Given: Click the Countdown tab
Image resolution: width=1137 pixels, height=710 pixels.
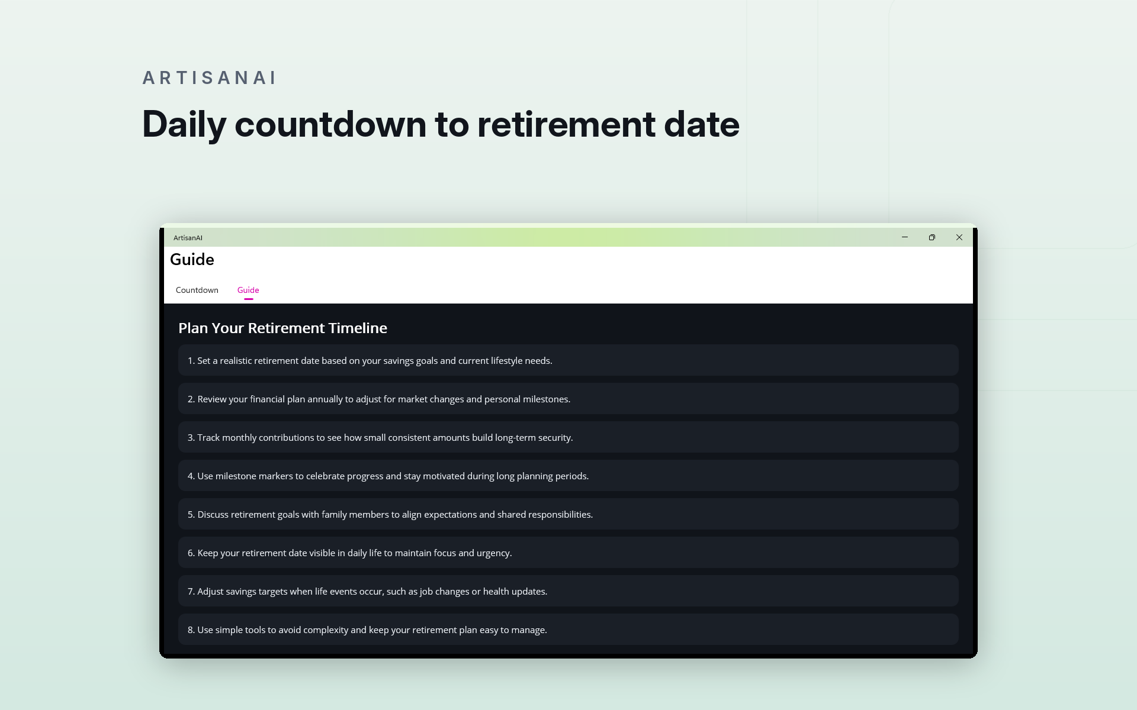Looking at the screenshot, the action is click(x=197, y=290).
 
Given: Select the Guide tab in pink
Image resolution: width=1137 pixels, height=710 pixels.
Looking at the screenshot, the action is click(x=248, y=290).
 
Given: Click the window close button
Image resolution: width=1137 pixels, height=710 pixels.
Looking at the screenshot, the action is click(x=959, y=237).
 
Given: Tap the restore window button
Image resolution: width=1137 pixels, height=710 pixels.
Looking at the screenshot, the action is click(x=932, y=237).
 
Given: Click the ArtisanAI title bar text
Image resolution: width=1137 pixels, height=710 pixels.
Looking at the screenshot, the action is click(x=188, y=238).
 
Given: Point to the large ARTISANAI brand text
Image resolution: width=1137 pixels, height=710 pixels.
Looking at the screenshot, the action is click(x=210, y=78).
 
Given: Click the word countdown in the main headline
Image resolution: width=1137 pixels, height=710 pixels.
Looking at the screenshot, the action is click(x=330, y=124).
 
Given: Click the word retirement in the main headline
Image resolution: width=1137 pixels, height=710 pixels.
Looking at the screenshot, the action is click(x=566, y=124).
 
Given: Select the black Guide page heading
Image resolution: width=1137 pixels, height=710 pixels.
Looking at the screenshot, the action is click(x=192, y=260).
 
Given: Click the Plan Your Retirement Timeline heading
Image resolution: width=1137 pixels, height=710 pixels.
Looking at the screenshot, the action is click(x=282, y=328).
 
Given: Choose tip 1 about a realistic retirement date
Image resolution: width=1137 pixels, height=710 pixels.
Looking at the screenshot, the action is click(x=568, y=360).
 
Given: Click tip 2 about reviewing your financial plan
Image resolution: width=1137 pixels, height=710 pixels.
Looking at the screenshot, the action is click(x=568, y=399).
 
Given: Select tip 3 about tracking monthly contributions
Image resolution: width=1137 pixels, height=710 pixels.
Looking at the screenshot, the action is click(x=568, y=437).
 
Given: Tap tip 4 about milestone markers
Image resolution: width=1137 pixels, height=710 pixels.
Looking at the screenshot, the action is click(x=568, y=476).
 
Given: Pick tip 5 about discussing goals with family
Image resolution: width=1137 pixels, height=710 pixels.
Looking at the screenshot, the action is click(x=568, y=514).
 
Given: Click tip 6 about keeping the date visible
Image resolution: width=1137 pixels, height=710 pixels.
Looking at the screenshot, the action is click(x=568, y=553).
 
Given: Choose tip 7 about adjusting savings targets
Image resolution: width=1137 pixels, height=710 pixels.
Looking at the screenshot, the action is click(x=568, y=591).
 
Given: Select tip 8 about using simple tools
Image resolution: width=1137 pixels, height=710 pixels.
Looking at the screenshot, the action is click(x=568, y=630).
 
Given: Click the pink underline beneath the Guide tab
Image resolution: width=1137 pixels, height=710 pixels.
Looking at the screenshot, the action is click(x=249, y=299).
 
